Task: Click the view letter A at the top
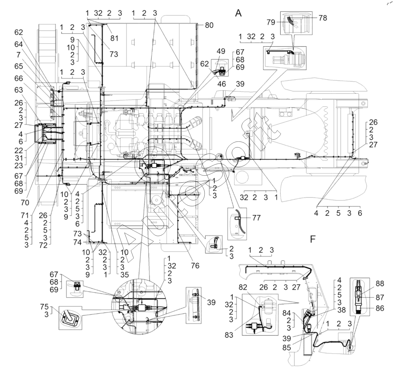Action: point(238,13)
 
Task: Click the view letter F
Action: point(313,239)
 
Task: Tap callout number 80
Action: point(209,25)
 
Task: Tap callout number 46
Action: point(222,84)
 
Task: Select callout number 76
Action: point(195,265)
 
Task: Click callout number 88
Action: point(380,284)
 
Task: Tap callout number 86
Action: point(380,308)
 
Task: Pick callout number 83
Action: point(229,335)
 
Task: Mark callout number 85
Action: point(287,348)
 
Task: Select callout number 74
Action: point(78,243)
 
